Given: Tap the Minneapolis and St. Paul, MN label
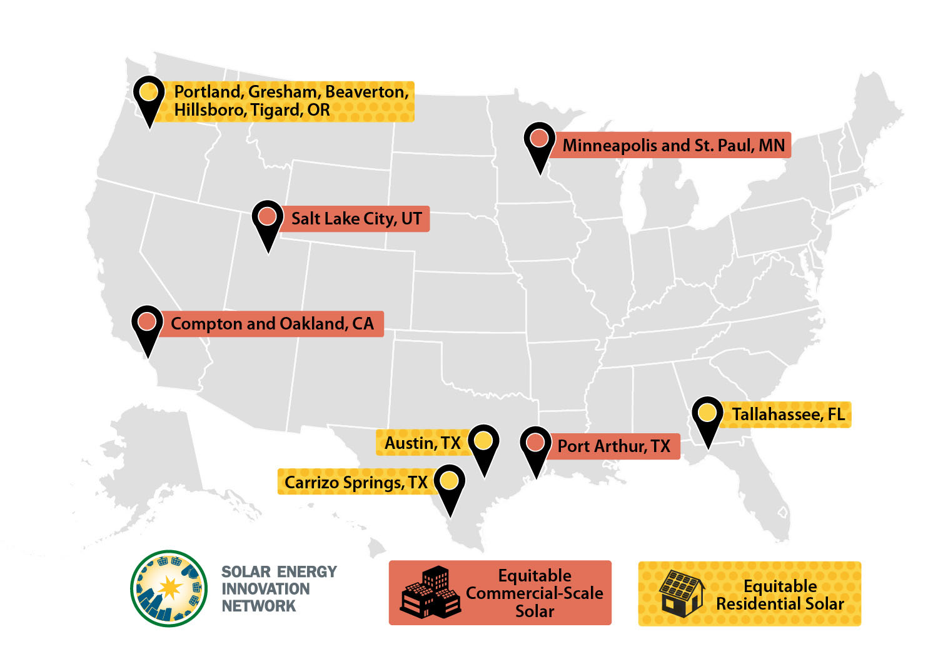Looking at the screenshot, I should (x=673, y=146).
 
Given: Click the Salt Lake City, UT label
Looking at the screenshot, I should (x=356, y=219).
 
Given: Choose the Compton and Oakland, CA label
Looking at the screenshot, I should (x=272, y=324).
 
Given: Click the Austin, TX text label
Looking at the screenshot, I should (x=422, y=443).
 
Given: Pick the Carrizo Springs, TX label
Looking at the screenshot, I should (x=356, y=483).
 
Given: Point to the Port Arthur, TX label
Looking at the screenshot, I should (x=613, y=446).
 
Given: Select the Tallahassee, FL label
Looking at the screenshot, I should (x=788, y=415).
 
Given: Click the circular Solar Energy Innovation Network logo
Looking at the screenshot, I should (x=169, y=588).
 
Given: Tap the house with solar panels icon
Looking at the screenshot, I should (x=682, y=593).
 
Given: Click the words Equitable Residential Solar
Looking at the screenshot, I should (x=780, y=595).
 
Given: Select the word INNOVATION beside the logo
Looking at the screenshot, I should (x=266, y=589).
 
